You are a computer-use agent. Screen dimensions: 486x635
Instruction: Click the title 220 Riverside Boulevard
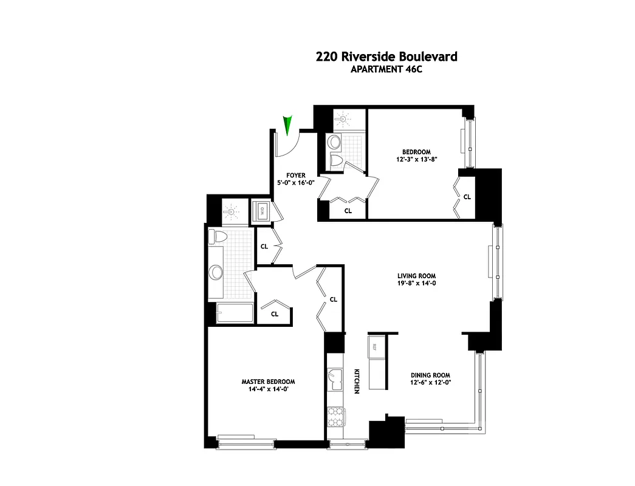pyautogui.click(x=386, y=57)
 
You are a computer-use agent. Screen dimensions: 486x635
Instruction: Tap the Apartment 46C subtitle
pyautogui.click(x=386, y=69)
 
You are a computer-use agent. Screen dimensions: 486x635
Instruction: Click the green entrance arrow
pyautogui.click(x=288, y=124)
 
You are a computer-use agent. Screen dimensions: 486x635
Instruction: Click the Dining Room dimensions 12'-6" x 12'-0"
pyautogui.click(x=431, y=382)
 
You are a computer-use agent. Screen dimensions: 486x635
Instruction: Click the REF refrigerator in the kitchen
pyautogui.click(x=375, y=347)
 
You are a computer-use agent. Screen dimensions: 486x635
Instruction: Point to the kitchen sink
pyautogui.click(x=335, y=380)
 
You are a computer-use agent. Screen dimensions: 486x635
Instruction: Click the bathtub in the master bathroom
pyautogui.click(x=233, y=313)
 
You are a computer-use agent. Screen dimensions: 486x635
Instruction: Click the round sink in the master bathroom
pyautogui.click(x=216, y=272)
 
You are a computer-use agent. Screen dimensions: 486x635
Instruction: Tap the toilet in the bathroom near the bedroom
pyautogui.click(x=335, y=159)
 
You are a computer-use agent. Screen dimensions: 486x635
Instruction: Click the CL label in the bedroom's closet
pyautogui.click(x=467, y=197)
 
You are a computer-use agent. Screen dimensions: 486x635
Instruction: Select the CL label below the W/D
pyautogui.click(x=264, y=247)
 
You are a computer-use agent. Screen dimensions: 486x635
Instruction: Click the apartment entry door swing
pyautogui.click(x=286, y=145)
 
